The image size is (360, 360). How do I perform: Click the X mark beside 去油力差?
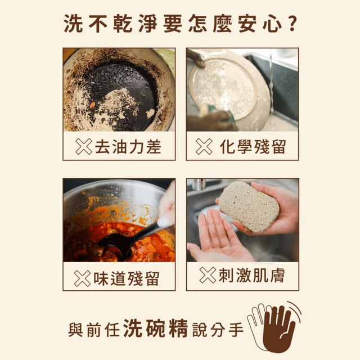[84, 147]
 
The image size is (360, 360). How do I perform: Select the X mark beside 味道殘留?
[83, 278]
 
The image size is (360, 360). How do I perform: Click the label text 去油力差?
[128, 147]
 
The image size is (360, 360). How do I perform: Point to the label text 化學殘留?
[253, 147]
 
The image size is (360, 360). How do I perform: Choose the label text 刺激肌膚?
[251, 275]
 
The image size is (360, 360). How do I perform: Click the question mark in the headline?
[291, 25]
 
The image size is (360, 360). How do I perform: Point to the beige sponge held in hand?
[249, 206]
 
